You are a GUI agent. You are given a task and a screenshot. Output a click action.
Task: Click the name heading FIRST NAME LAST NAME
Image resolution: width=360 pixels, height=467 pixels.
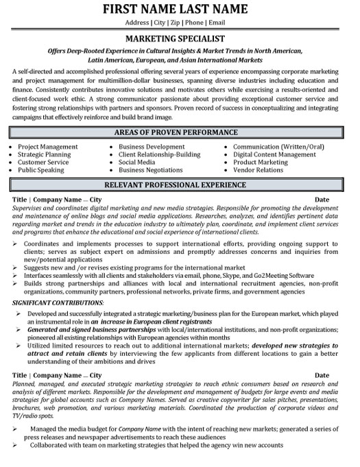coord(180,10)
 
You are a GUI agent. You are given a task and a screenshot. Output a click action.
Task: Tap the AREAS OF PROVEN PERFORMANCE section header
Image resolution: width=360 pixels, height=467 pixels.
coord(180,132)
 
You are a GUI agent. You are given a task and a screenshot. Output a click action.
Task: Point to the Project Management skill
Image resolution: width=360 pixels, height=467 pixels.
coord(47,147)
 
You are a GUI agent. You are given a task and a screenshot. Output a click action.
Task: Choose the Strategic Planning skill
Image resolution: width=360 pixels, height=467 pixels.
coord(44,154)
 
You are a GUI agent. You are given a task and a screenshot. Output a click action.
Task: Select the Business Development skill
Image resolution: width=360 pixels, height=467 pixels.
coord(151,147)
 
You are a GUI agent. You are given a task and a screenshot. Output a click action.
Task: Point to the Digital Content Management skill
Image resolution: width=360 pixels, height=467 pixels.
coord(274,154)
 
